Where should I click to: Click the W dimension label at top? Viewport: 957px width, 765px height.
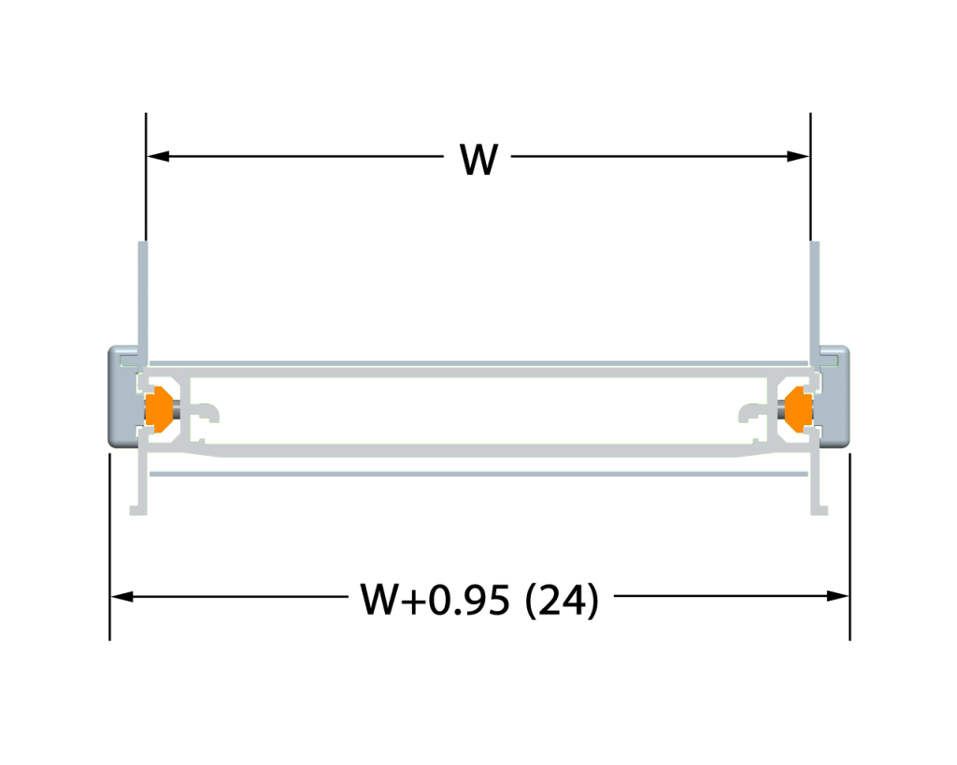point(479,159)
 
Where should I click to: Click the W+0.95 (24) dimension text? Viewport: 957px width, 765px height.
point(479,599)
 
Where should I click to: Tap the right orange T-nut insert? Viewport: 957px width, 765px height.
point(798,409)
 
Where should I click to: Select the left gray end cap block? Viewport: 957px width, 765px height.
point(122,397)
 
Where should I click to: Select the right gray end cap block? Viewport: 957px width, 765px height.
point(835,397)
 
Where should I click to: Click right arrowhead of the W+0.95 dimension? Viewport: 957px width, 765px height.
point(837,596)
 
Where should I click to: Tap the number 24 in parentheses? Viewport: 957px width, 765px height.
point(562,600)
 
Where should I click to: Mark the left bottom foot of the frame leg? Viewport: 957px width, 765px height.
point(138,510)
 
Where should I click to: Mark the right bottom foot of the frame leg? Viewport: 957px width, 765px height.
point(819,510)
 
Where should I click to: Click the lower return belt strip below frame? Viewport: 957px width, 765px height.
point(479,474)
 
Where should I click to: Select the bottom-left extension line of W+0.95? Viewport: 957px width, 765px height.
point(110,546)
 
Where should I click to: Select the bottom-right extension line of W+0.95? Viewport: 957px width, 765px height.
point(850,546)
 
